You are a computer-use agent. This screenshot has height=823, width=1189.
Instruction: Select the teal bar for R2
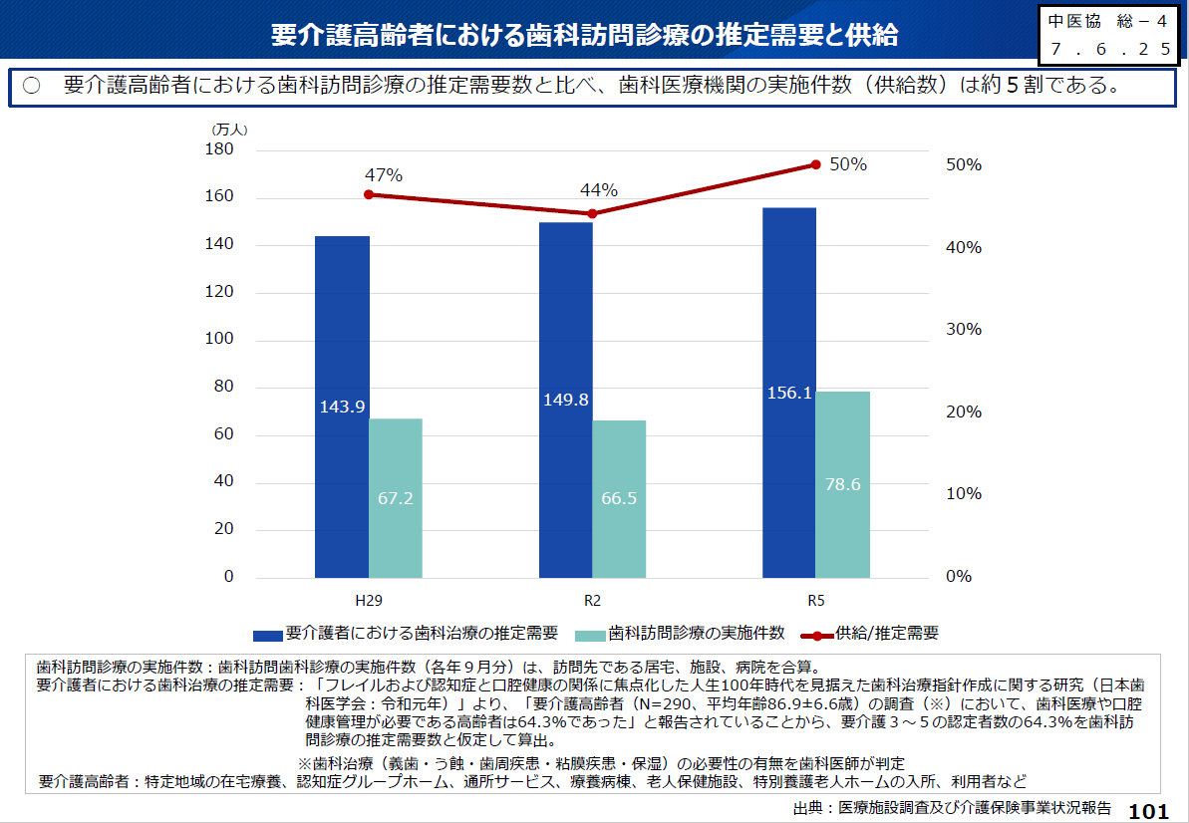pos(619,498)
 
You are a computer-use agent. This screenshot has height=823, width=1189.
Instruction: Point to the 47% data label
pos(384,175)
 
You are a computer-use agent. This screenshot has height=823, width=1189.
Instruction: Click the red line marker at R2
pos(592,213)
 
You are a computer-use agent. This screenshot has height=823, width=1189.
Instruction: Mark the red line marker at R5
pos(815,164)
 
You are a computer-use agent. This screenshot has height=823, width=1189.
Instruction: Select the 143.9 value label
pos(342,407)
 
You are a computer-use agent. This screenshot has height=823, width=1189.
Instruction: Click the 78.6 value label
pos(843,485)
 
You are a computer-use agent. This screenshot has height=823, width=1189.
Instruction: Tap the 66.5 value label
pos(619,498)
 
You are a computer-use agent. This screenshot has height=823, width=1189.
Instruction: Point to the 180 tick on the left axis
pos(219,149)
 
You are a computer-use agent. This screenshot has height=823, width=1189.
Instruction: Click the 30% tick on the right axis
pos(963,329)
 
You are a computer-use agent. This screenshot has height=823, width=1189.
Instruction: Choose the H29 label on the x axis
pos(369,602)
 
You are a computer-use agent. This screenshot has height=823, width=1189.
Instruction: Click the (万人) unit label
pos(229,129)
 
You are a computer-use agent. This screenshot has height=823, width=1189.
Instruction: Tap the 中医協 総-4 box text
pos(1107,21)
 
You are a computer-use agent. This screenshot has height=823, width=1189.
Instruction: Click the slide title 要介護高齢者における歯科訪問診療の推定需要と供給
pos(585,36)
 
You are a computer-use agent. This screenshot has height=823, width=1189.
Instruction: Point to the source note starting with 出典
pos(952,808)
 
